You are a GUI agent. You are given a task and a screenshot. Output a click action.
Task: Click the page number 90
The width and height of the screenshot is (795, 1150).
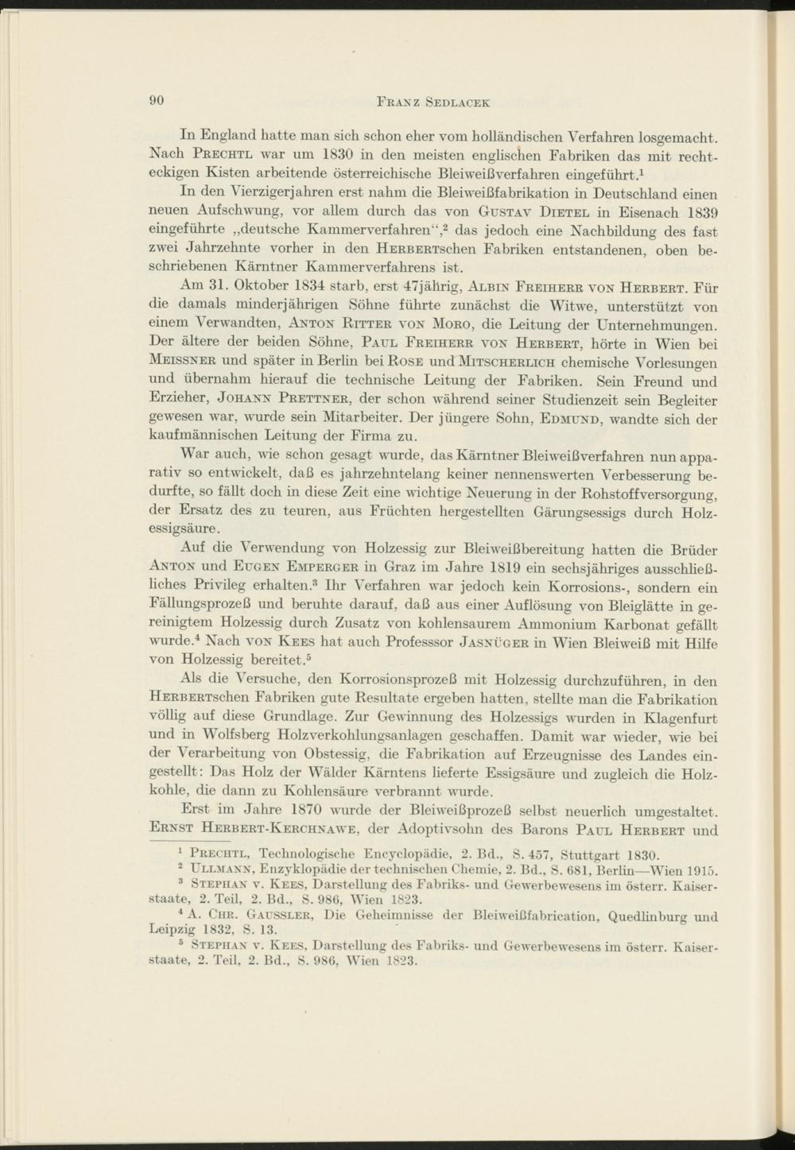(156, 101)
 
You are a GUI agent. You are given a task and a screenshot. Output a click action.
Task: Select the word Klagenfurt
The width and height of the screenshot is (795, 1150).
(681, 738)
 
